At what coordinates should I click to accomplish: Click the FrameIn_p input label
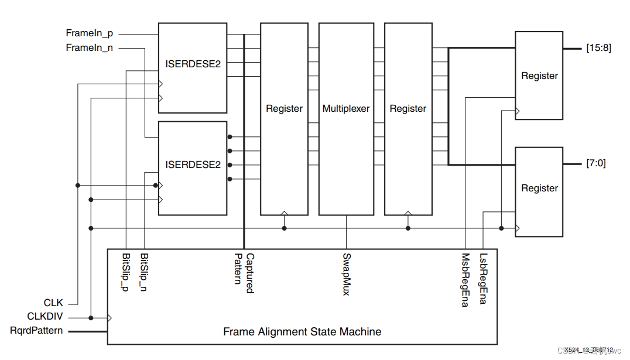pyautogui.click(x=90, y=33)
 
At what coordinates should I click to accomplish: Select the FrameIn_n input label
pyautogui.click(x=90, y=47)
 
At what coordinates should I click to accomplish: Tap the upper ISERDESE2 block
pyautogui.click(x=193, y=64)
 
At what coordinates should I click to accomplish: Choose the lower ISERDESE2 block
pyautogui.click(x=193, y=164)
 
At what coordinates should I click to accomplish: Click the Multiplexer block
pyautogui.click(x=346, y=108)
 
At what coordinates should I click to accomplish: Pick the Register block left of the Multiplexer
pyautogui.click(x=284, y=108)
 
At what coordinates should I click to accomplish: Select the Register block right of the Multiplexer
pyautogui.click(x=408, y=108)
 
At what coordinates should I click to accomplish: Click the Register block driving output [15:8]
pyautogui.click(x=539, y=76)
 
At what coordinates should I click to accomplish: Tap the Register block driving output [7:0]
pyautogui.click(x=539, y=188)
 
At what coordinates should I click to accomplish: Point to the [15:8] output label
pyautogui.click(x=598, y=48)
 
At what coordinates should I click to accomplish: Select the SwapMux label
pyautogui.click(x=346, y=273)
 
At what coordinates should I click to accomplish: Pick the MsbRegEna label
pyautogui.click(x=465, y=280)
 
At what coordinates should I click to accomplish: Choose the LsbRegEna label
pyautogui.click(x=482, y=279)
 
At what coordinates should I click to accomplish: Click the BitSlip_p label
pyautogui.click(x=126, y=272)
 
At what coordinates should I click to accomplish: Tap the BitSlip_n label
pyautogui.click(x=144, y=272)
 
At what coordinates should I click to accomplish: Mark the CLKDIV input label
pyautogui.click(x=45, y=317)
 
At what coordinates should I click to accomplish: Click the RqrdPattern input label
pyautogui.click(x=36, y=331)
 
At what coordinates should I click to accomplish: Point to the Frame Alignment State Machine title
pyautogui.click(x=302, y=332)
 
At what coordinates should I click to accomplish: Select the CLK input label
pyautogui.click(x=53, y=303)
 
